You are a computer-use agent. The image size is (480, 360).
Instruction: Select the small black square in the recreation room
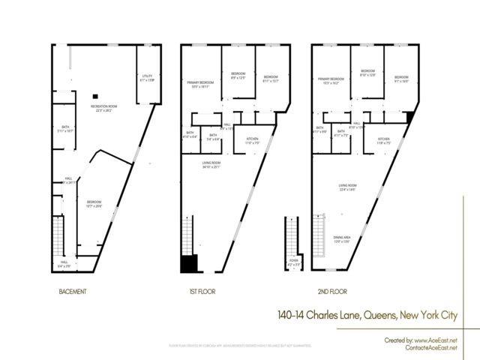point(96,96)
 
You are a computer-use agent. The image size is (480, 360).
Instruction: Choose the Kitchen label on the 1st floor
point(247,140)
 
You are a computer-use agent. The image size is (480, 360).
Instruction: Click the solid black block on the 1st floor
point(189,263)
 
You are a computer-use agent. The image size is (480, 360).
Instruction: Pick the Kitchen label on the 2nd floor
point(383,140)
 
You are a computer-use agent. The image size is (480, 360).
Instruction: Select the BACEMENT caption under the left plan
point(72,291)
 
